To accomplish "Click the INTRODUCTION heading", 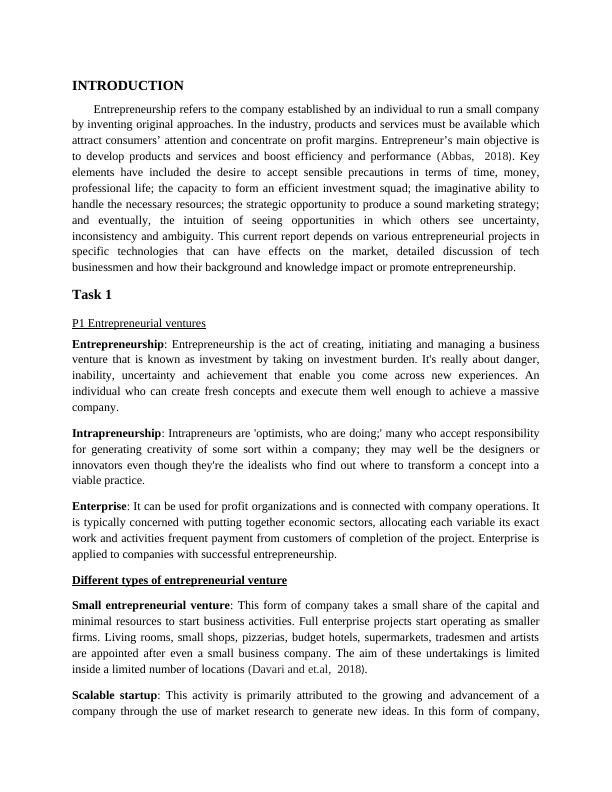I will (x=128, y=86).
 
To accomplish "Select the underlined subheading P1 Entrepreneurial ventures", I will (x=139, y=323).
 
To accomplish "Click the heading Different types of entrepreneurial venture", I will (x=179, y=580).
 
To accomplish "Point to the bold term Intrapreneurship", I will (x=117, y=433).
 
